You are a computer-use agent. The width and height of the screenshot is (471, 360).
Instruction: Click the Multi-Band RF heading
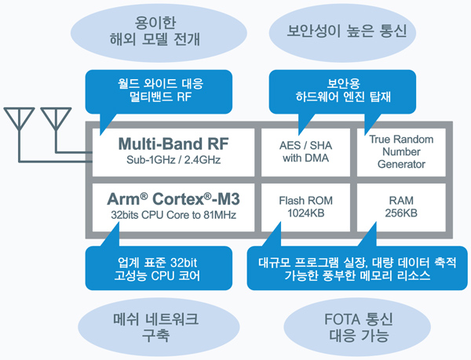click(x=173, y=144)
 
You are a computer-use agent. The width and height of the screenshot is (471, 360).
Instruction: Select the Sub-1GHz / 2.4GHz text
click(x=173, y=160)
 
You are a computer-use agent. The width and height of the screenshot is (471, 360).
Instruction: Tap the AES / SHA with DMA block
click(x=305, y=152)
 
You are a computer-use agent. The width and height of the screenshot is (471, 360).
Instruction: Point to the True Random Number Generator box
click(x=401, y=152)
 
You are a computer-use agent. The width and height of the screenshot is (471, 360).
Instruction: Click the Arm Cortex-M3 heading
click(x=173, y=199)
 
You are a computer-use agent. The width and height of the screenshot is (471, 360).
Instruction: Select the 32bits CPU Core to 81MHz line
click(x=173, y=215)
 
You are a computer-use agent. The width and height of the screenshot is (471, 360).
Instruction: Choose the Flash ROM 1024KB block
click(x=305, y=207)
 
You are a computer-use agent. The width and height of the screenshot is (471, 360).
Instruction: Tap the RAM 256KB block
click(x=401, y=207)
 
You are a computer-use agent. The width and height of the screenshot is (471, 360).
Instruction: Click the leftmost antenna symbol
click(x=19, y=120)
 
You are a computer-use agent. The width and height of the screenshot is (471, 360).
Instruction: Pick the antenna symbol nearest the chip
click(x=56, y=120)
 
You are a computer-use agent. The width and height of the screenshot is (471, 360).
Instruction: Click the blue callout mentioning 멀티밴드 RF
click(x=159, y=92)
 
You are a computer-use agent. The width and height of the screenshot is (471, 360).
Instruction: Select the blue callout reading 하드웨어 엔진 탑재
click(x=342, y=92)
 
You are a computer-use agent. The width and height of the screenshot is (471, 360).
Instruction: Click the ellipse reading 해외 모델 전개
click(x=159, y=32)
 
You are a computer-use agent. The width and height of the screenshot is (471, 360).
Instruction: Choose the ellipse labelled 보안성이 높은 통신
click(x=342, y=32)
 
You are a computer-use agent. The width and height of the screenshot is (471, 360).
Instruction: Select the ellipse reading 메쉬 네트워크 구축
click(x=159, y=327)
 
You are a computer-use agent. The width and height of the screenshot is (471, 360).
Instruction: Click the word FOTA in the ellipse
click(x=340, y=319)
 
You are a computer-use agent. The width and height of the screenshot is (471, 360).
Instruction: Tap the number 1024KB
click(x=306, y=213)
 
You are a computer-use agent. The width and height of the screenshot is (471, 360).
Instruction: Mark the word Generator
click(x=401, y=165)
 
